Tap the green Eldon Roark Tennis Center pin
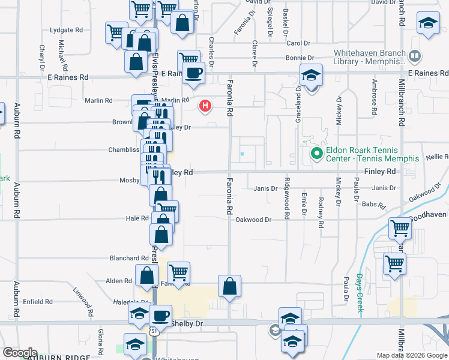tap(318, 154)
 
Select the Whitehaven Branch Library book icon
tap(414, 57)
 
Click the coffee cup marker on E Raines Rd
tap(193, 73)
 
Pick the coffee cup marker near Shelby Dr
tap(160, 316)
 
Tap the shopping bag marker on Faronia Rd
tap(229, 286)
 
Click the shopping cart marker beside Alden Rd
tap(178, 272)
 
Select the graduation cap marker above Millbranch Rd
tap(428, 24)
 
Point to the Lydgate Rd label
tap(67, 29)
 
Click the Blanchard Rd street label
tap(128, 258)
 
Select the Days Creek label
tap(359, 293)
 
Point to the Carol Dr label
tap(298, 43)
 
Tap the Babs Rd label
tap(373, 204)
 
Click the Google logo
tap(20, 353)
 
